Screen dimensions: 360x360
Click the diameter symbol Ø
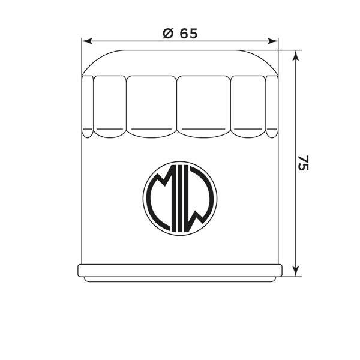[167, 34]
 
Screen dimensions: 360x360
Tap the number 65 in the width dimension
[188, 34]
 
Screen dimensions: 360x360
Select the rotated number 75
[303, 163]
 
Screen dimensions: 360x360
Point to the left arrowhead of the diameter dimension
[87, 41]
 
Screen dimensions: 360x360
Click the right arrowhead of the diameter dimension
[273, 41]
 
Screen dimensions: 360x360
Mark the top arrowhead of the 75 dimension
[296, 56]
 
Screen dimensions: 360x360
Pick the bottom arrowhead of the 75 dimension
[296, 271]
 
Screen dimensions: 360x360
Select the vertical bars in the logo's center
[180, 198]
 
